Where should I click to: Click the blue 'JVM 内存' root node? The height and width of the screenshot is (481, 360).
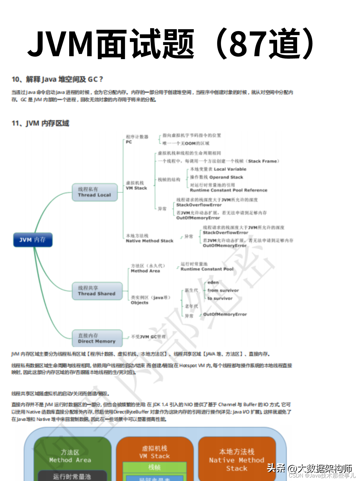33,240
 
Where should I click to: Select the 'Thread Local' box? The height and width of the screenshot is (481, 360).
94,192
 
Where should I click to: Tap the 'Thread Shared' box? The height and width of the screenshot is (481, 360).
97,291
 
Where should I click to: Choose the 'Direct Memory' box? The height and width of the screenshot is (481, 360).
97,338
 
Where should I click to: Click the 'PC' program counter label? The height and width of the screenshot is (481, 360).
129,142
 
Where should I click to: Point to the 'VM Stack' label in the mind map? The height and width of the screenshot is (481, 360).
137,188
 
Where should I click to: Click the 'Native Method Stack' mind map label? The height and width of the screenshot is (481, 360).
150,241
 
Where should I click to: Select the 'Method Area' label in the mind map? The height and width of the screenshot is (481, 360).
146,271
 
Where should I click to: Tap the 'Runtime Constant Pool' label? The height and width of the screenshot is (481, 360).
207,269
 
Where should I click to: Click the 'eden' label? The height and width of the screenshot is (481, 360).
213,282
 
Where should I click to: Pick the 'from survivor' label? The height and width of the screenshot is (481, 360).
223,290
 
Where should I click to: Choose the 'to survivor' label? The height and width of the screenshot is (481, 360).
220,298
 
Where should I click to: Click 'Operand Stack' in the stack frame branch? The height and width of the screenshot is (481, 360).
226,177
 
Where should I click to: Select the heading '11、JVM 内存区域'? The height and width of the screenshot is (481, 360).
40,123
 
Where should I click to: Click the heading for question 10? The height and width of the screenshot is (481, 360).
57,79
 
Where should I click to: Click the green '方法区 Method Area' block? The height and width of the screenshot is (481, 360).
70,456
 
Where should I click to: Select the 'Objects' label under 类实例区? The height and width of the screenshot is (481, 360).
139,303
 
